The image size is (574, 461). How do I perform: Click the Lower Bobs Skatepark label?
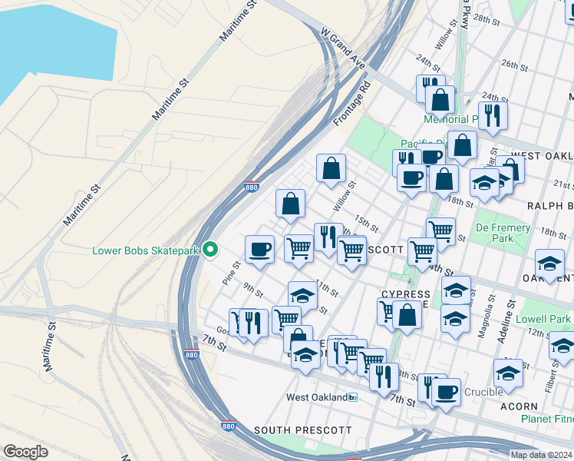144,250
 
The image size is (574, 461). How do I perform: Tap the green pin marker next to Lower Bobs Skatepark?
209,250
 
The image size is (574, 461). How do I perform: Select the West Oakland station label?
316,397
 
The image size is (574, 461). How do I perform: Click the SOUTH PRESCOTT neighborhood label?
302,430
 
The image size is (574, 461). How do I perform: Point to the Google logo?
25,452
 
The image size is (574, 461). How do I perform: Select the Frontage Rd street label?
352,105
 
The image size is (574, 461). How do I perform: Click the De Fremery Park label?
503,234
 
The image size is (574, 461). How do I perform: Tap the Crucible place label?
483,392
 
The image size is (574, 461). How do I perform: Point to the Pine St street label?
232,273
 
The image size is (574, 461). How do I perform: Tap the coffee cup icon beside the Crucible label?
445,391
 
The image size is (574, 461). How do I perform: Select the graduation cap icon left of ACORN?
507,373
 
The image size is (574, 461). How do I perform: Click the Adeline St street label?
510,312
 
